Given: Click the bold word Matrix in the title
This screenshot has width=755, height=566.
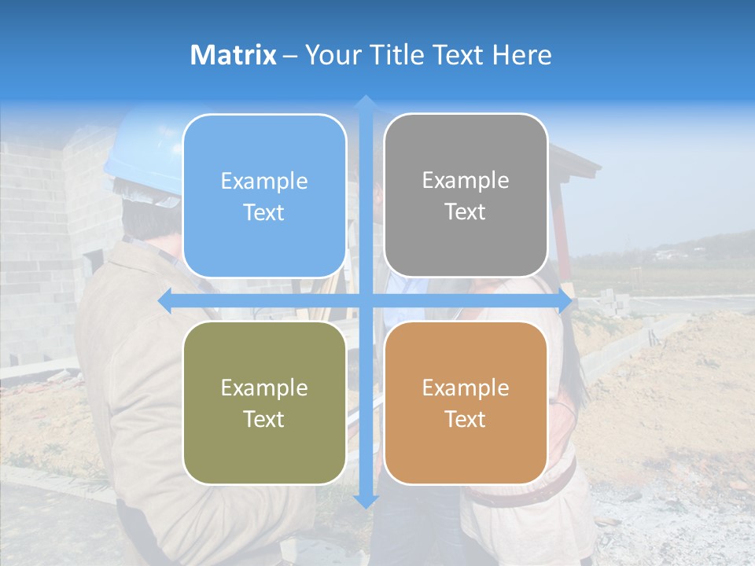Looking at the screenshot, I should coord(234,55).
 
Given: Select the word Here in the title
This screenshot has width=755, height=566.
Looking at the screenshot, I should coord(522,55).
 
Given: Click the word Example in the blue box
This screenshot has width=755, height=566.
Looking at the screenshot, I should coord(264,182).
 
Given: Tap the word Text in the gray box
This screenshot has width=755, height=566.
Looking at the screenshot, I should coord(466,212).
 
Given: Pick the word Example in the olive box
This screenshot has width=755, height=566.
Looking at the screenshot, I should coord(264,388).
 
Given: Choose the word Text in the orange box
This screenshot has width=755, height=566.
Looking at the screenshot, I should coord(466,419).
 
